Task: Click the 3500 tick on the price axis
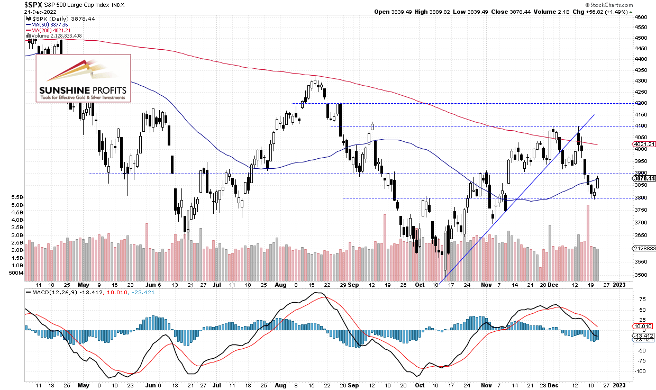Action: point(640,275)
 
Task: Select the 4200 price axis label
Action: point(640,104)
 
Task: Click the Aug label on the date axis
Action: point(280,285)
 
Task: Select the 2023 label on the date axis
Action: point(620,285)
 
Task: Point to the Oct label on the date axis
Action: point(420,285)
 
